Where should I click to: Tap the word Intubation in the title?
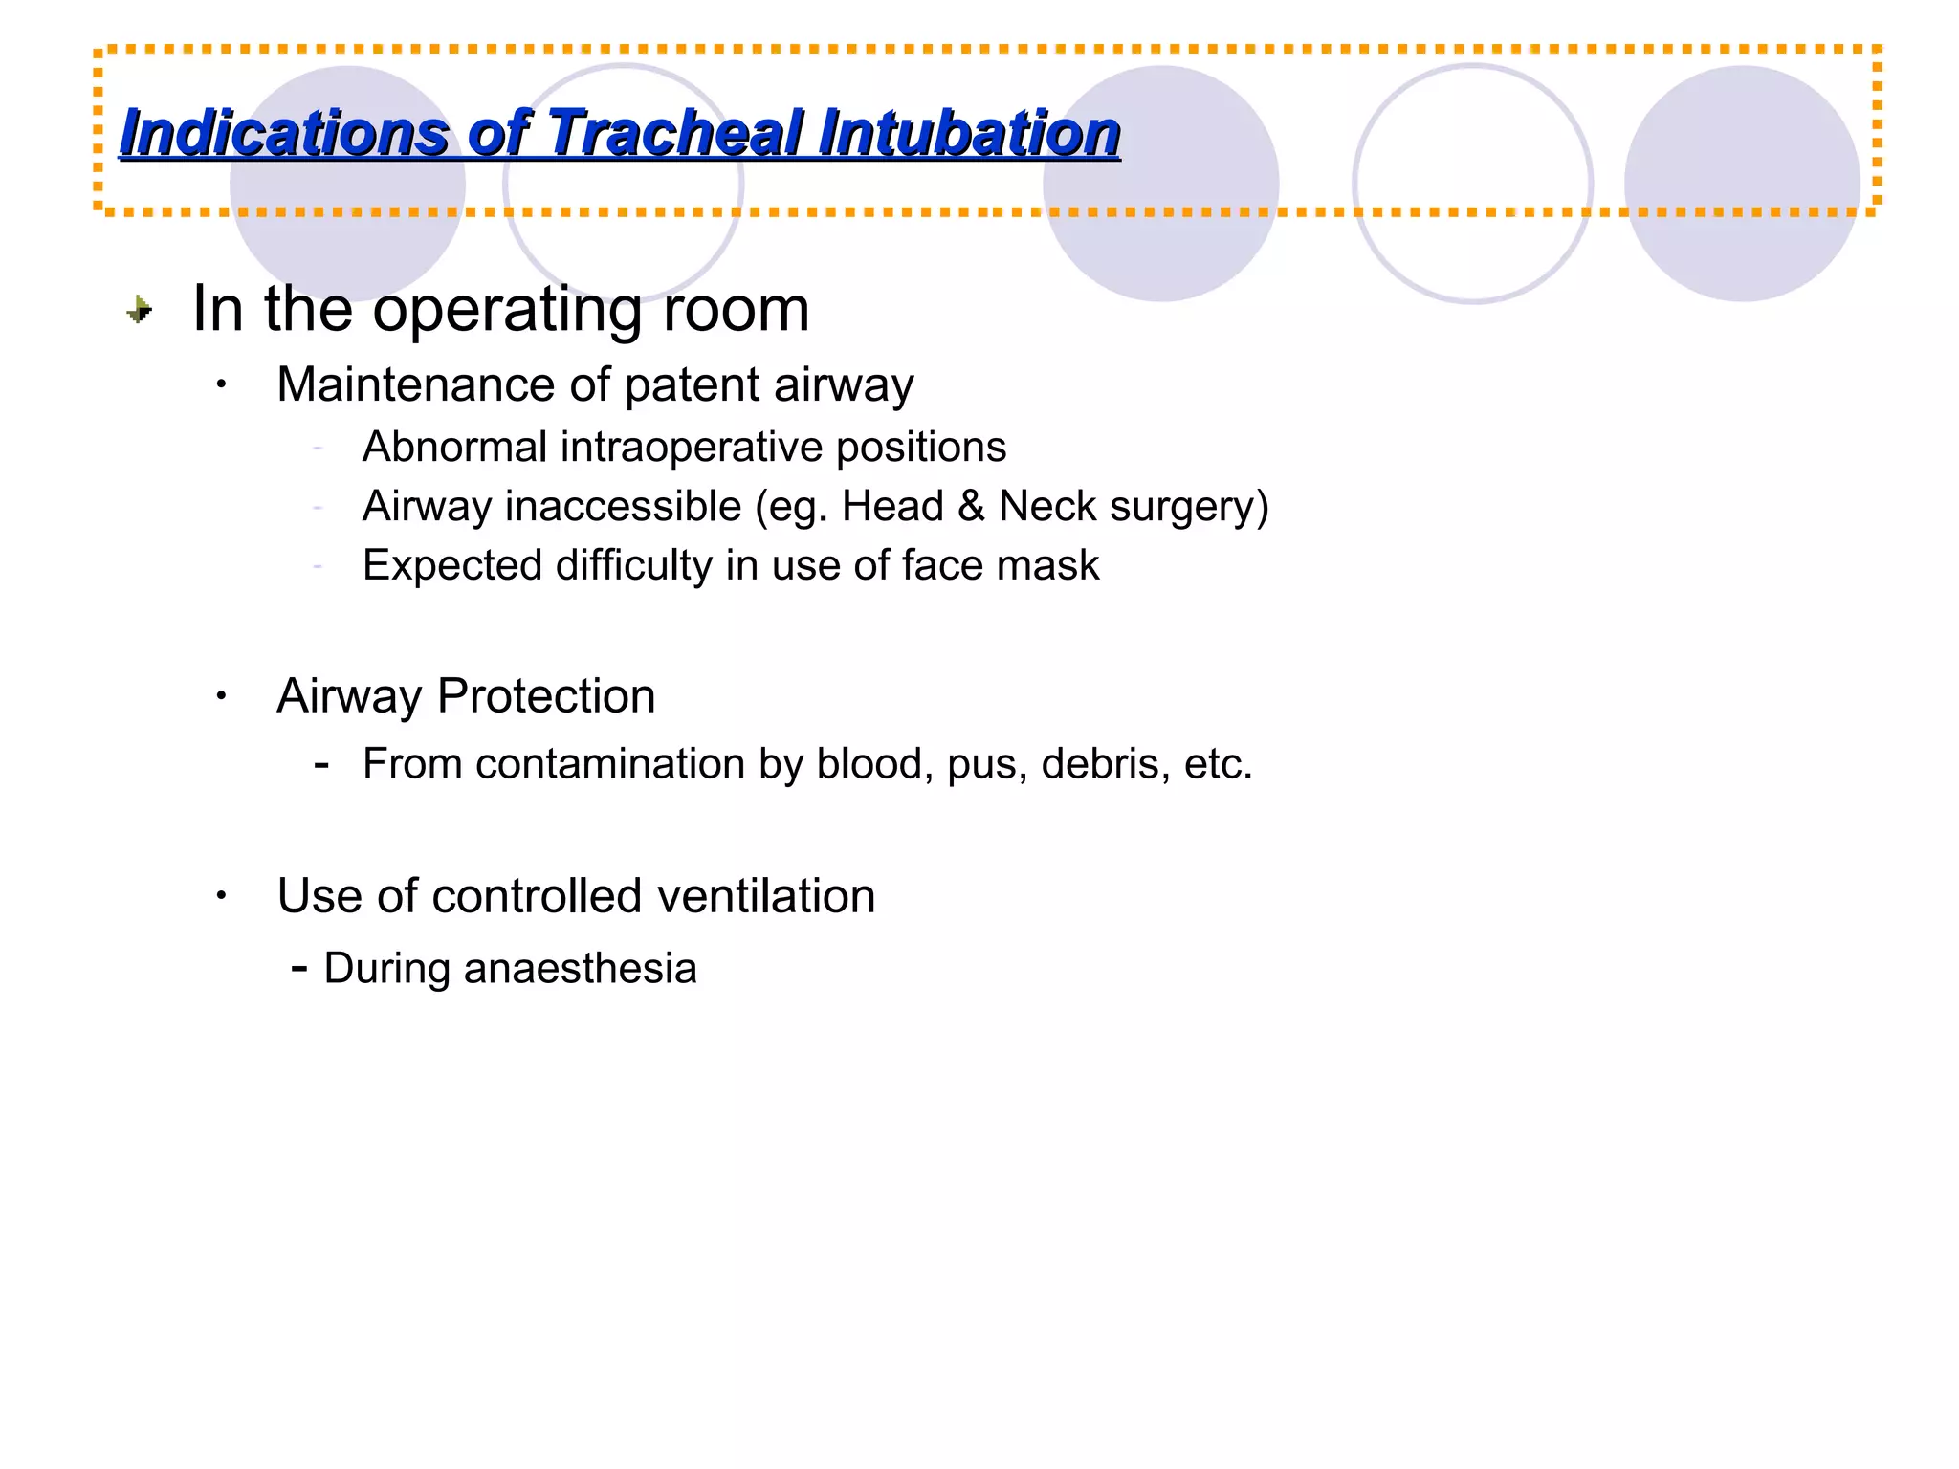tap(968, 132)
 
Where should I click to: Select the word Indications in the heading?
tap(283, 132)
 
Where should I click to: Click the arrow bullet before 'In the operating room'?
tap(140, 309)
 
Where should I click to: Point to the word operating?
tap(506, 310)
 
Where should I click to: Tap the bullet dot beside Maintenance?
tap(221, 384)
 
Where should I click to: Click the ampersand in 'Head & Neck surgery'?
tap(971, 506)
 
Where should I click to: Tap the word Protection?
tap(546, 695)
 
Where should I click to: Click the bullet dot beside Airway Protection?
tap(221, 696)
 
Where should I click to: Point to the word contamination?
tap(610, 764)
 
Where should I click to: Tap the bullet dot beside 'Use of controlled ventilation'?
tap(221, 897)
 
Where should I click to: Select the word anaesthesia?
tap(580, 968)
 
